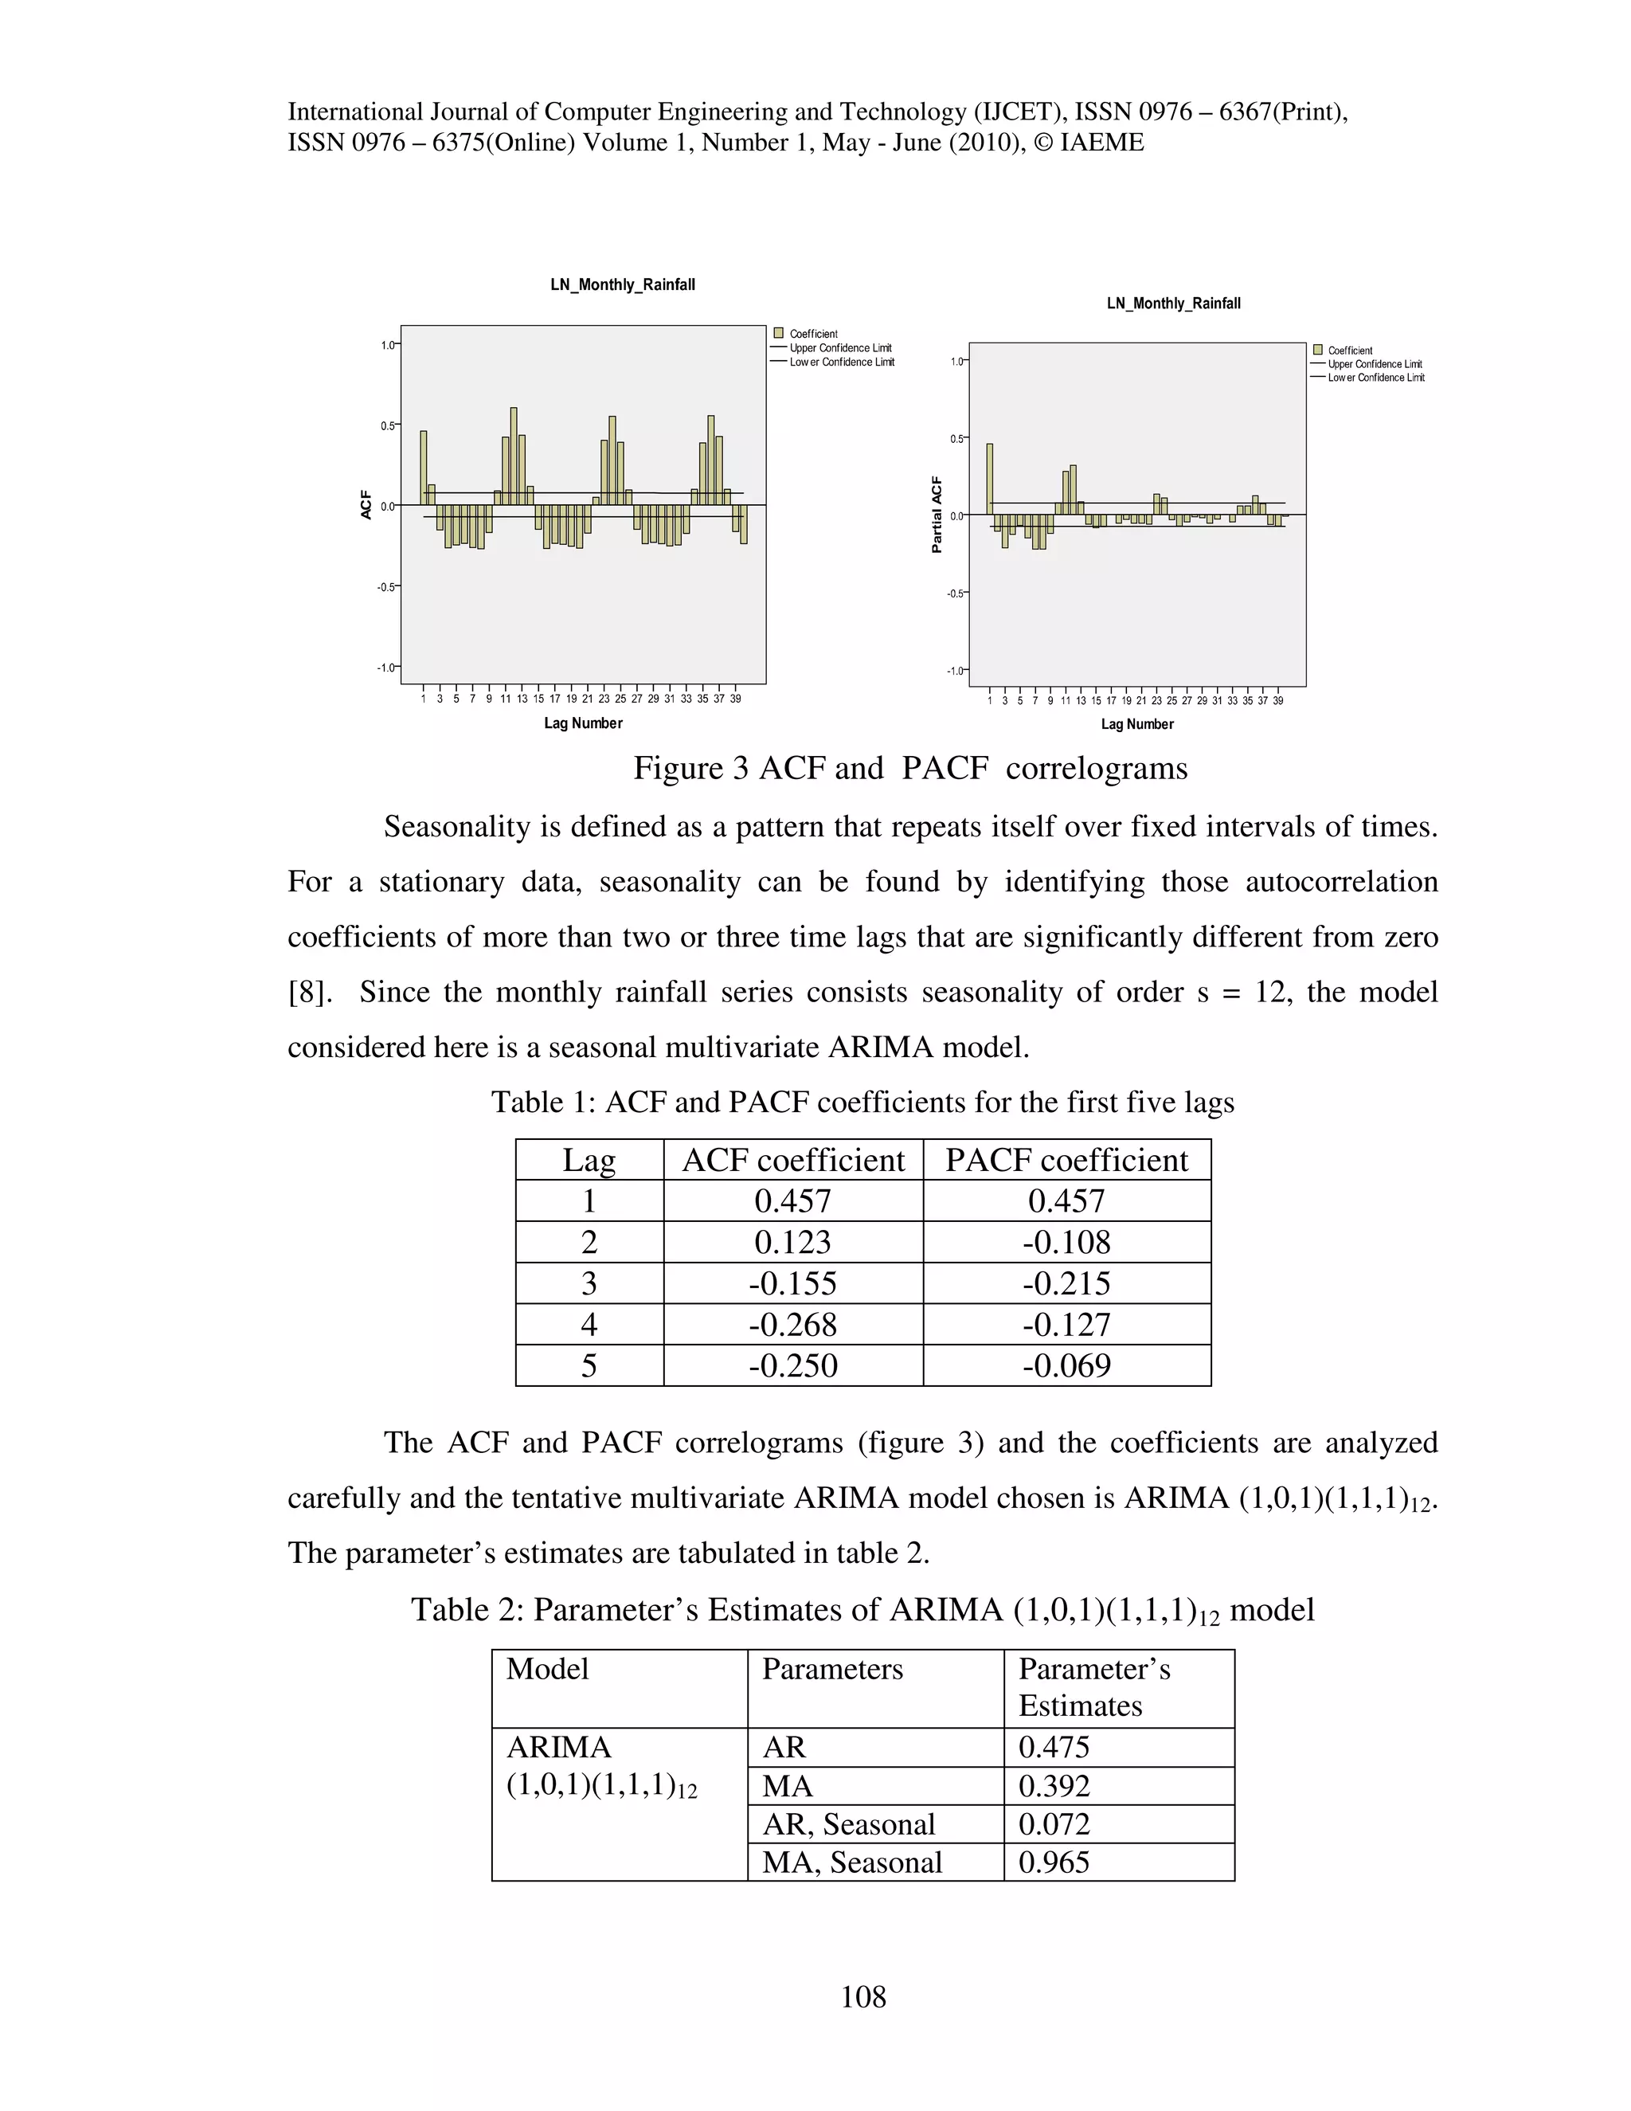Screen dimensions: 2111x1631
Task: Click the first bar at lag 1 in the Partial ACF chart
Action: point(989,479)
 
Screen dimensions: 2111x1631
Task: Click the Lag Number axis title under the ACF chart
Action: point(583,723)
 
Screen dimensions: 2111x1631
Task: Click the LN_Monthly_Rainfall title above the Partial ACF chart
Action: point(1173,304)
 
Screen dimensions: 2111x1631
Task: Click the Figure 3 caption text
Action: point(910,769)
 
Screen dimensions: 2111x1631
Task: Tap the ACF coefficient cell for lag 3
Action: point(792,1283)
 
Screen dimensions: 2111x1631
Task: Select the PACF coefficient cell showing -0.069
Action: point(1066,1365)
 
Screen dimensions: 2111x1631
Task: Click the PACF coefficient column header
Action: point(1066,1160)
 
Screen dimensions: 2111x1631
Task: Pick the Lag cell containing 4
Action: point(589,1324)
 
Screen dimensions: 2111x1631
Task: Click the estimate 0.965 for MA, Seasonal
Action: point(1054,1862)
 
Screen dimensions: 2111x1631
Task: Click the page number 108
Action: point(862,1996)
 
